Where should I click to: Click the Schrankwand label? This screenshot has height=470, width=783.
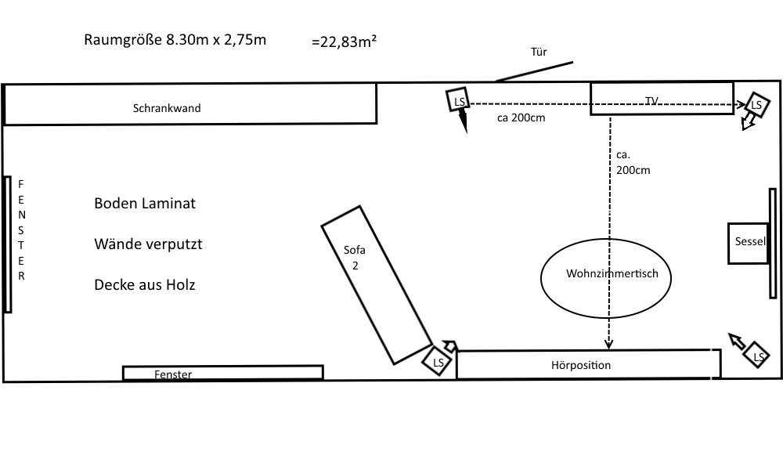click(167, 108)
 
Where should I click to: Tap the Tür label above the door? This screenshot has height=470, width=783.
click(539, 52)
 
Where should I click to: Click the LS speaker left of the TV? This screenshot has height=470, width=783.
click(458, 100)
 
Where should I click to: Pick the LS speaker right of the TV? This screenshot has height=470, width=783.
click(757, 105)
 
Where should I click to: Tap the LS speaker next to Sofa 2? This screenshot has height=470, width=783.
click(437, 361)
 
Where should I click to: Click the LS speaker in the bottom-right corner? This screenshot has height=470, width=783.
click(757, 355)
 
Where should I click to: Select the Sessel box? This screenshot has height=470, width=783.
click(748, 244)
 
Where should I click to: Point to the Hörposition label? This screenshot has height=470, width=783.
click(581, 365)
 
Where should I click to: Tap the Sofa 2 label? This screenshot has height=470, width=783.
click(355, 258)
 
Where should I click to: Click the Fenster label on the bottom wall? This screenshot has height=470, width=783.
click(173, 374)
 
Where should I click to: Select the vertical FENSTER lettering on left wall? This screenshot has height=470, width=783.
click(21, 230)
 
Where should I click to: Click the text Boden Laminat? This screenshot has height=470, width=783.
click(145, 204)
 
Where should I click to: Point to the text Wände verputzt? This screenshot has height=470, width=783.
click(148, 244)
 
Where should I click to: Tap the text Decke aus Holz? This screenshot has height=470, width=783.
click(145, 284)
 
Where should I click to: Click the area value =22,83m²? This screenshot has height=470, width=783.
click(344, 42)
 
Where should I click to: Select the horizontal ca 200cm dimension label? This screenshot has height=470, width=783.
click(521, 117)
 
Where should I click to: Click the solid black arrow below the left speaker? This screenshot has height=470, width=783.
click(463, 121)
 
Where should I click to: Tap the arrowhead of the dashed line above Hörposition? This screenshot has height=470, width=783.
click(608, 344)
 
